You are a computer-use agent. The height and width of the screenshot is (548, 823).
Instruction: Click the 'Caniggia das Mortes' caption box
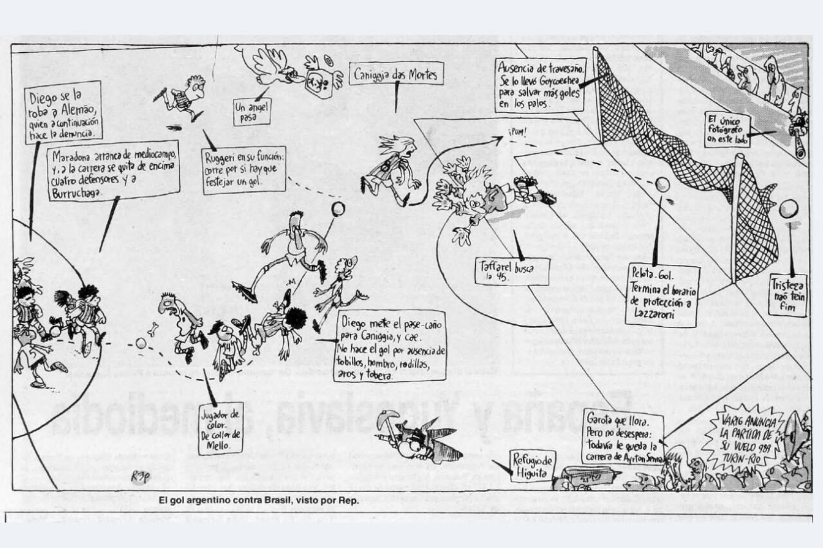click(x=395, y=75)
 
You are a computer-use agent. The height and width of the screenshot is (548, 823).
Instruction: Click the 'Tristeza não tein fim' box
click(x=787, y=295)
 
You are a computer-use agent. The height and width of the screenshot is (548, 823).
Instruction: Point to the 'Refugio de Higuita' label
click(x=532, y=466)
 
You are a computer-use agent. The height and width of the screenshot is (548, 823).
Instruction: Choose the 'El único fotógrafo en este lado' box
click(x=727, y=129)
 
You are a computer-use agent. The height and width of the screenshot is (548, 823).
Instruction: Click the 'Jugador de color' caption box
click(x=221, y=428)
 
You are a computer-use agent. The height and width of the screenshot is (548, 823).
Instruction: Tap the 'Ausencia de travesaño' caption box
click(x=540, y=84)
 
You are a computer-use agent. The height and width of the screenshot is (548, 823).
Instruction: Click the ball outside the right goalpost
click(x=788, y=208)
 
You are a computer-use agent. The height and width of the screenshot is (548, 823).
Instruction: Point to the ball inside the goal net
click(x=662, y=185)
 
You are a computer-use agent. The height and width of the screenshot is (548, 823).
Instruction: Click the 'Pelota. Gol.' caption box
click(x=662, y=295)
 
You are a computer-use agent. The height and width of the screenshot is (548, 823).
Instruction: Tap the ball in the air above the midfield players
click(x=338, y=208)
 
